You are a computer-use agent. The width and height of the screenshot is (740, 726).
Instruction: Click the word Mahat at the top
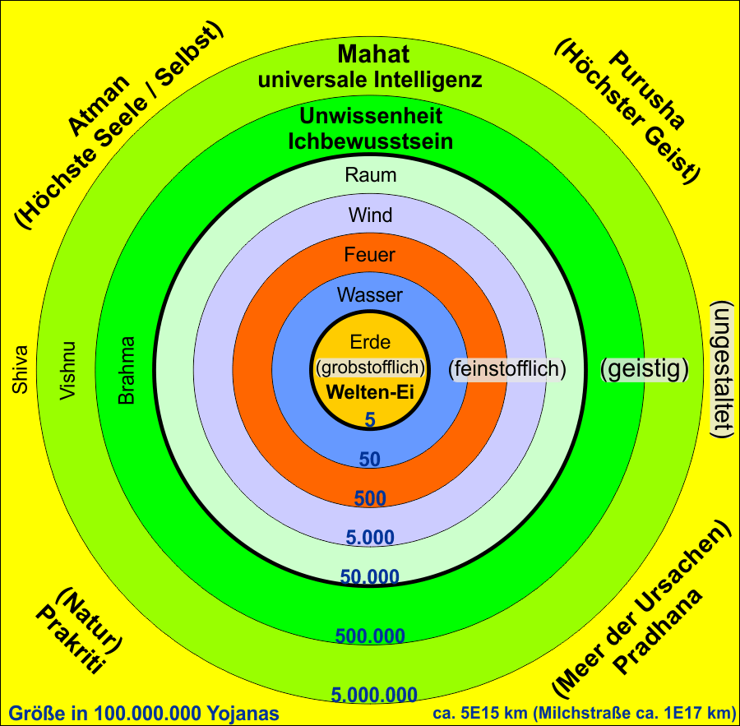coord(373,54)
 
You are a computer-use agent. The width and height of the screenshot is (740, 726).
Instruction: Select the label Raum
coord(371,175)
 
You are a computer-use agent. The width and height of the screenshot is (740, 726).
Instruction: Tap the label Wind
coord(371,215)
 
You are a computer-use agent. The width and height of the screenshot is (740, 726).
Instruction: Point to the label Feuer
coord(369,255)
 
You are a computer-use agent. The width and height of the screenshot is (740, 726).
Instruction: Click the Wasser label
coord(370,295)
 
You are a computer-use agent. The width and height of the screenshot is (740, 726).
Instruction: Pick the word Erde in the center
coord(370,342)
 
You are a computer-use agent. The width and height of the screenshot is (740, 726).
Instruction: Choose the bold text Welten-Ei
coord(370,392)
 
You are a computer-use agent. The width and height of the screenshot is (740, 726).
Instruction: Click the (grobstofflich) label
coord(370,368)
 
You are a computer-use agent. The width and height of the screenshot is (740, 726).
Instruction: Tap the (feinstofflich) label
coord(506,368)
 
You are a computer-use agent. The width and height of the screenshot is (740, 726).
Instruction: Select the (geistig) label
coord(645,368)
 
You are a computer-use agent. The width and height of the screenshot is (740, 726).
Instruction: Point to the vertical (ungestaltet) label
coord(722,370)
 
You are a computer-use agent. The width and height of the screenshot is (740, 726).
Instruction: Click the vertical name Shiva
coord(21,370)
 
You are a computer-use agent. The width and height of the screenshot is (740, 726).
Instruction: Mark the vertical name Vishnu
coord(67,371)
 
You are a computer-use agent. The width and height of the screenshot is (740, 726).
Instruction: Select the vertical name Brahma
coord(127,371)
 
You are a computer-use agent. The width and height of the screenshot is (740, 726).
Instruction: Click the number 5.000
coord(370,538)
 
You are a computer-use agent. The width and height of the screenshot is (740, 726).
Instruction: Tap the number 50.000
coord(370,577)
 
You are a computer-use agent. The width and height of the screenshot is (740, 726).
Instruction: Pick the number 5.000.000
coord(374,695)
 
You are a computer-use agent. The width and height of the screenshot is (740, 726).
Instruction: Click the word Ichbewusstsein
coord(371,141)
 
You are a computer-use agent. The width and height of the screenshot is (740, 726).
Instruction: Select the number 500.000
coord(370,636)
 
